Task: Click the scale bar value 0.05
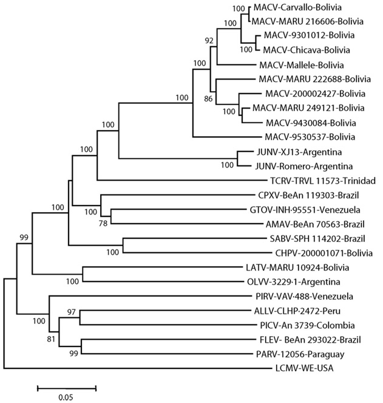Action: (66, 398)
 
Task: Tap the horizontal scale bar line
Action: (67, 387)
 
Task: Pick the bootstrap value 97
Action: (72, 311)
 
